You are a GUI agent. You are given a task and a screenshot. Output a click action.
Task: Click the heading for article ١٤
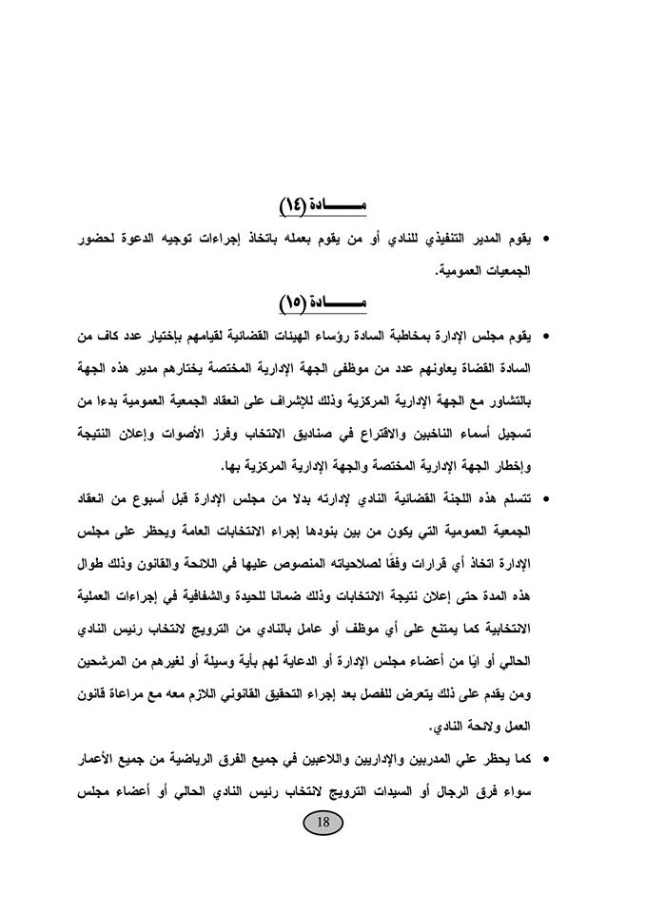pos(323,205)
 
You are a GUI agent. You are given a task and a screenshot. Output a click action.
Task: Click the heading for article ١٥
pos(323,303)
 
